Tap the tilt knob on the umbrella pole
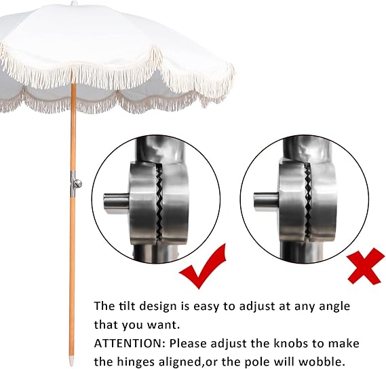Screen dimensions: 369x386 (x=77, y=182)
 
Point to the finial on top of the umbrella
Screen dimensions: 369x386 (x=74, y=2)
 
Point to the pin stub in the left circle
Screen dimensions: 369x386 (x=113, y=202)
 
